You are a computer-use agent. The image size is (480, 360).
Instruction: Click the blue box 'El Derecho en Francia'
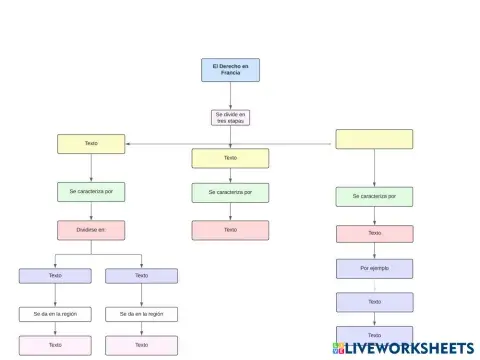pos(230,69)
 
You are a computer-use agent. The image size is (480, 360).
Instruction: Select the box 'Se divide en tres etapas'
pos(230,118)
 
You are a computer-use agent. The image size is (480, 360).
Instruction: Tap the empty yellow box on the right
pos(374,139)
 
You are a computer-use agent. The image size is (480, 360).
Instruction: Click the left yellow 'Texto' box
pos(91,144)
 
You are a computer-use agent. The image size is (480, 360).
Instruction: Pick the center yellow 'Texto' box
pos(230,158)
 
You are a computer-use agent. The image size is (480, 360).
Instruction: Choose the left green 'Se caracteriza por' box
pos(91,191)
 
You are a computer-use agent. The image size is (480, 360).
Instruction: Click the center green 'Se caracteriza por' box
pos(230,192)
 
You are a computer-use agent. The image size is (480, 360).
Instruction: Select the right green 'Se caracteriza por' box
pos(374,197)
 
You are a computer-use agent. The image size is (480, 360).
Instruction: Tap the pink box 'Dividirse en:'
pos(91,230)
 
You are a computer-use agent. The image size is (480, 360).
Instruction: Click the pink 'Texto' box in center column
pos(230,230)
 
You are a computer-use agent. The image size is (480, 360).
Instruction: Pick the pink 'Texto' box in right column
pos(374,234)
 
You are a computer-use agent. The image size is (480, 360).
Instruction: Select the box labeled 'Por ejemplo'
pos(374,268)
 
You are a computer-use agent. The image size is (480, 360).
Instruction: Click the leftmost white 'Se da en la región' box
pos(55,314)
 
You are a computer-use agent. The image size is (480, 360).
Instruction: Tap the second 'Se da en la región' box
pos(141,314)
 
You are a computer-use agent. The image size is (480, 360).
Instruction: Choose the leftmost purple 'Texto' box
pos(55,275)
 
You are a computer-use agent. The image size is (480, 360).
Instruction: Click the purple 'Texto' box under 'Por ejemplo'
pos(374,301)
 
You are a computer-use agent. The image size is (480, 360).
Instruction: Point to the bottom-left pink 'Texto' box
pos(55,345)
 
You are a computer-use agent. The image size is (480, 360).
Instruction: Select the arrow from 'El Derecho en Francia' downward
pos(230,95)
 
